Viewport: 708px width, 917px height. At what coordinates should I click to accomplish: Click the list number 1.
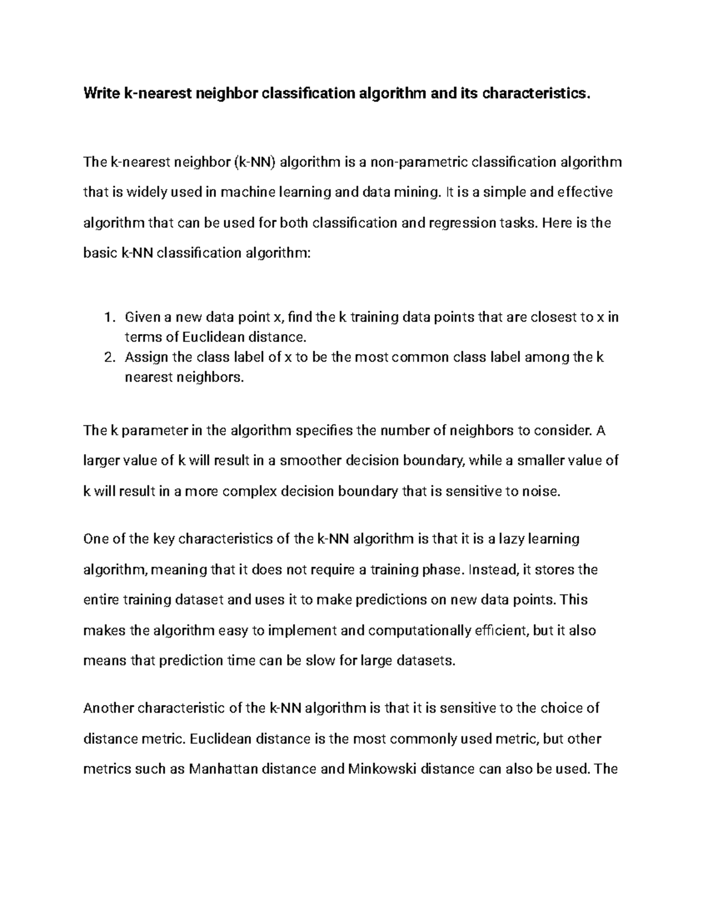[107, 318]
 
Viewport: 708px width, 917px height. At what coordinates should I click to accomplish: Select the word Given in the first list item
[142, 318]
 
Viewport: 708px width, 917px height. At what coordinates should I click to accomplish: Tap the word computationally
[419, 631]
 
